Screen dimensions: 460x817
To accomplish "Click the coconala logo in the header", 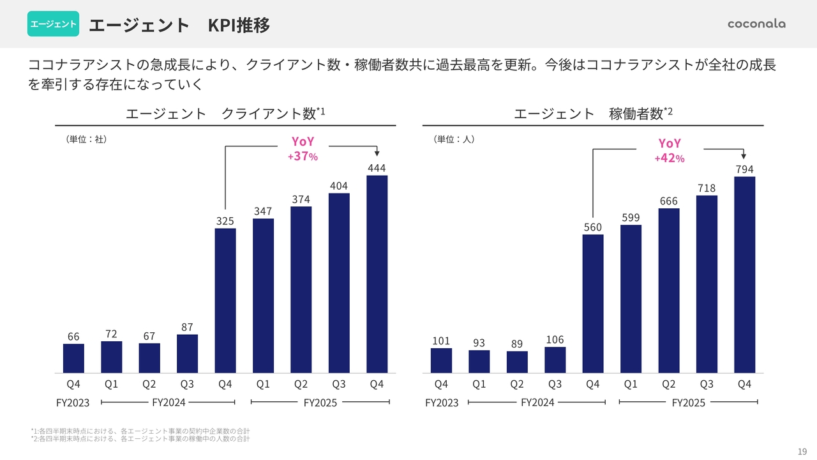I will point(756,24).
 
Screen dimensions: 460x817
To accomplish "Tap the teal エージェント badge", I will point(53,24).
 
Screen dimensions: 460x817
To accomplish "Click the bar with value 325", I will point(225,300).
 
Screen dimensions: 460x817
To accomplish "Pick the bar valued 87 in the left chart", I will point(187,353).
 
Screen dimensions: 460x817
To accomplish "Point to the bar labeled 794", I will point(744,275).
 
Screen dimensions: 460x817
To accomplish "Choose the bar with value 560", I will point(593,303).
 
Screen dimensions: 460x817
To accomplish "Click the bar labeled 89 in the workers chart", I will point(517,362).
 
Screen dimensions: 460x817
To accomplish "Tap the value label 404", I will point(339,186).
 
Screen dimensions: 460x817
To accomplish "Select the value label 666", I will point(668,201).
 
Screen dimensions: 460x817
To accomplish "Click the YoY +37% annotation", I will point(303,149).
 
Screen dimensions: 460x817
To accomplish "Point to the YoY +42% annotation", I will point(670,150).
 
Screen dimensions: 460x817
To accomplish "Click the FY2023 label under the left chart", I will point(71,403).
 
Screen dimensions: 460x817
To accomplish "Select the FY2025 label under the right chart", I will point(688,403).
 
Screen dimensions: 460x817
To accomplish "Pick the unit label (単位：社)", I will point(86,139).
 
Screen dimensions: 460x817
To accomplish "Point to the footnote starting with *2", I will point(140,439).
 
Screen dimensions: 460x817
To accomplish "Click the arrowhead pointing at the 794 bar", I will point(744,155).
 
